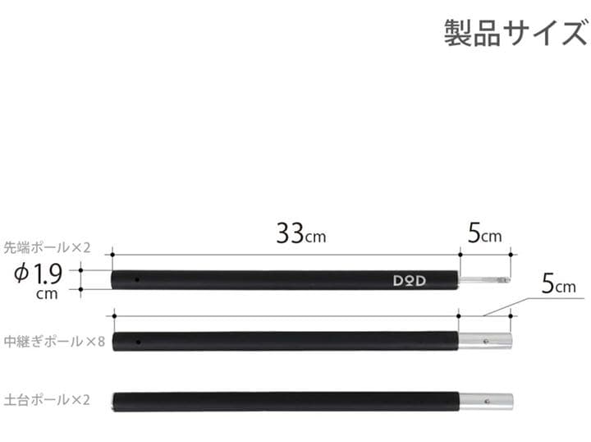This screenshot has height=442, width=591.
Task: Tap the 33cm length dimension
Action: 300,235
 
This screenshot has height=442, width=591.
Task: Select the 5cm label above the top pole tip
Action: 484,235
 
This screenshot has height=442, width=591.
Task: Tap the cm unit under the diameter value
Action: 47,294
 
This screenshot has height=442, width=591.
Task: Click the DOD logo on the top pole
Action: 407,279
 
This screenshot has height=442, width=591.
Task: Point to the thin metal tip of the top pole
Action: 484,280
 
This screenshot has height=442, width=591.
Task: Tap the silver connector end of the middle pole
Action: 484,341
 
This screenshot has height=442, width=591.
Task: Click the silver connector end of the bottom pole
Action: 484,402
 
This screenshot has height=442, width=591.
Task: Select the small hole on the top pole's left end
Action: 138,280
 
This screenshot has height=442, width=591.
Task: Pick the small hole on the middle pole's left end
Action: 138,341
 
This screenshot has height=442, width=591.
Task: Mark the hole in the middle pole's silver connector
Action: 488,341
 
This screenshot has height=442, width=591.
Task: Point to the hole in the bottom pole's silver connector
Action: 488,402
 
